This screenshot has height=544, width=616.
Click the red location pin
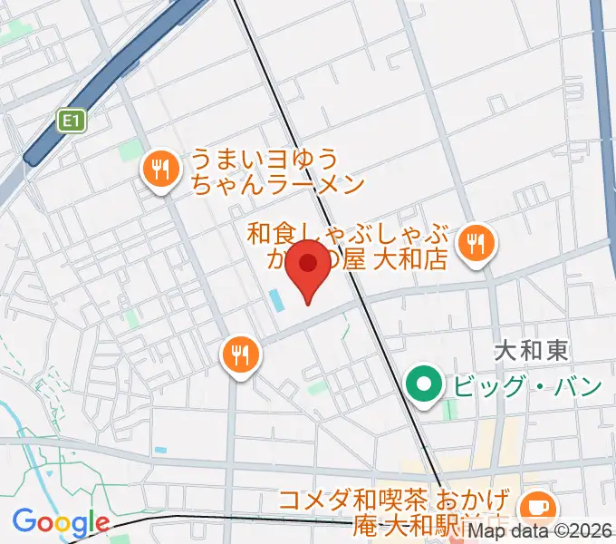(x=309, y=266)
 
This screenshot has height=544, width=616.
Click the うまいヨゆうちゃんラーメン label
(x=276, y=172)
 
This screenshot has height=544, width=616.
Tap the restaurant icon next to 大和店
(x=475, y=244)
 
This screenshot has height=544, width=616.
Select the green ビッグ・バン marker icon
(x=423, y=384)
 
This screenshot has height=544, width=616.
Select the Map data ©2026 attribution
(x=541, y=532)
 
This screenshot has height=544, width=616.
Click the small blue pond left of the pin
(x=274, y=298)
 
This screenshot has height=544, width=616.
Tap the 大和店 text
(x=411, y=261)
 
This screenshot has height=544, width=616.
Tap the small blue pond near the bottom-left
(x=160, y=450)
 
